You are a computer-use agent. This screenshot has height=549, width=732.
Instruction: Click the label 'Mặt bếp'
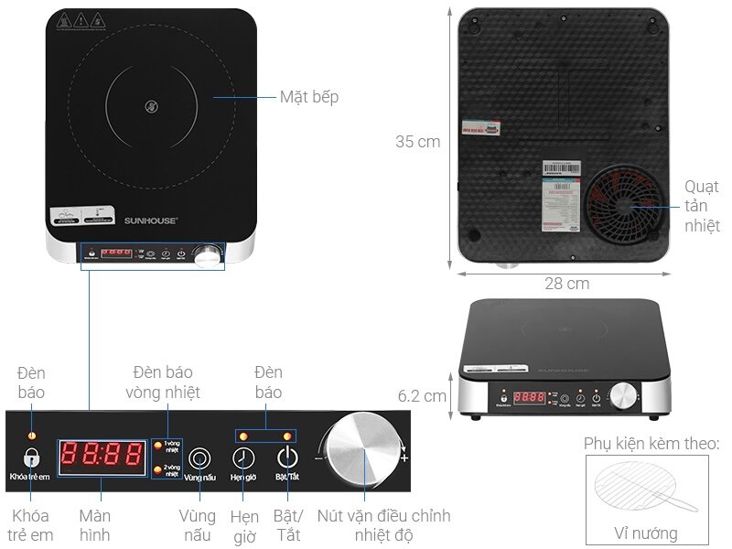click(308, 96)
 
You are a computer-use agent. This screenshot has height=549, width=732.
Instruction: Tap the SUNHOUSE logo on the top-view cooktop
click(150, 221)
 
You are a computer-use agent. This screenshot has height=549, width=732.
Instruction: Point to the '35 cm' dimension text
click(417, 142)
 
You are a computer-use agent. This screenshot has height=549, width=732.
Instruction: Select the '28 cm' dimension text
click(566, 284)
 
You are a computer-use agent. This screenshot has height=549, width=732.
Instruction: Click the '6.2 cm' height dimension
click(422, 396)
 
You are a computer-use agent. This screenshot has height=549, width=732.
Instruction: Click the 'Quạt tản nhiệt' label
click(702, 206)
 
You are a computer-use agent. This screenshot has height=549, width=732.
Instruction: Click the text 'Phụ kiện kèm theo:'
click(651, 445)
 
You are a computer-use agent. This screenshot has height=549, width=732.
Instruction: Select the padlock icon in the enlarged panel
click(32, 457)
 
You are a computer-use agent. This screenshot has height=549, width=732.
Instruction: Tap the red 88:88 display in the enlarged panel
click(102, 456)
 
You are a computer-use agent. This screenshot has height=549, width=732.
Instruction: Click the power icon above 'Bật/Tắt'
click(287, 457)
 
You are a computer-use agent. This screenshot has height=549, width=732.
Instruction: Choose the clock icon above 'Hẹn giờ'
click(243, 457)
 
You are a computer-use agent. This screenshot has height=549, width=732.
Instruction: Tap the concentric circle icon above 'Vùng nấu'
click(199, 457)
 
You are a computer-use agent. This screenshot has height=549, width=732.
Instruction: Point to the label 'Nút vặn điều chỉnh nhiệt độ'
click(384, 525)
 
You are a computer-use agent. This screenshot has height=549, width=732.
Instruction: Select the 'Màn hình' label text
click(95, 525)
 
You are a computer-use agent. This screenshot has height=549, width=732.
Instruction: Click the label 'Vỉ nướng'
click(646, 533)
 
